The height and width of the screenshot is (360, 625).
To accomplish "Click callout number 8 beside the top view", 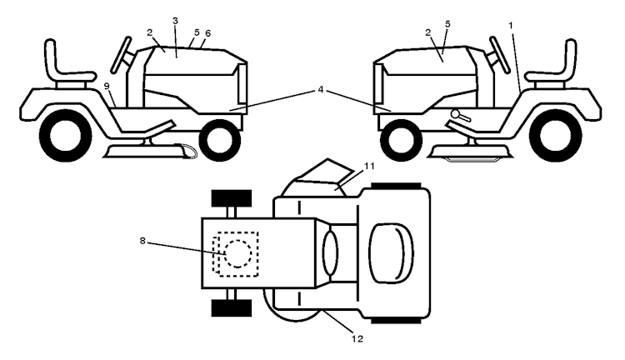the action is tap(142, 241).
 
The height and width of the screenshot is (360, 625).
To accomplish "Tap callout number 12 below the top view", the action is tap(357, 339).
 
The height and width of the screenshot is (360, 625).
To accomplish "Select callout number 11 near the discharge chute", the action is tap(369, 166).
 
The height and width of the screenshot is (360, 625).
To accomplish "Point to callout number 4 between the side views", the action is tap(321, 90).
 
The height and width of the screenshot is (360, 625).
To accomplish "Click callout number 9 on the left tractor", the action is tap(107, 86).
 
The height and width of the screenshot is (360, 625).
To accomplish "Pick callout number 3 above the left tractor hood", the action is tap(175, 21).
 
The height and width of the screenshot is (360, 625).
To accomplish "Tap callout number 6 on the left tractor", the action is tap(207, 33).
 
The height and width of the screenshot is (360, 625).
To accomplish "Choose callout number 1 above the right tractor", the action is tap(511, 26).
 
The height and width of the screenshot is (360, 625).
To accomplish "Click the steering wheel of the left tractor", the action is tap(121, 55).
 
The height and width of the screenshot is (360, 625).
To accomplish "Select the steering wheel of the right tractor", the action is tap(500, 55).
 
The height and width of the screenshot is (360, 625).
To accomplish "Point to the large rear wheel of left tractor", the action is tap(65, 136).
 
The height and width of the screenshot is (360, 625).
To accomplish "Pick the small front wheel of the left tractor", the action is tap(220, 140).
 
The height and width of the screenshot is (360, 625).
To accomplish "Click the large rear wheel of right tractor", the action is tap(555, 136).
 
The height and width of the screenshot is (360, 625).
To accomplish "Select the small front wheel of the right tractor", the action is tap(402, 140).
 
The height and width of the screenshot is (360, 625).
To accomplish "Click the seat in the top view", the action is tap(391, 253).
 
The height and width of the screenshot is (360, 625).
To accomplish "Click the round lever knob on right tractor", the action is tap(455, 113).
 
